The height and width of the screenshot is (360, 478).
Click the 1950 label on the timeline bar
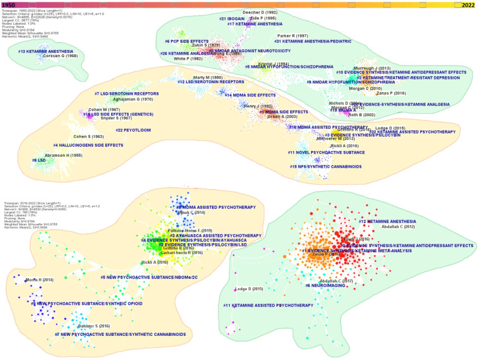[x=9, y=4]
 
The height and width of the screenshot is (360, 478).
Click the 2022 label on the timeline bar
[x=468, y=4]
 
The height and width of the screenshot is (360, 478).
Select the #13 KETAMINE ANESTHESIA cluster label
[x=46, y=51]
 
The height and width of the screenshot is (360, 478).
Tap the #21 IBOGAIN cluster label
[x=232, y=18]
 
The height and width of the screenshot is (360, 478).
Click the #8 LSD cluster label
[x=39, y=160]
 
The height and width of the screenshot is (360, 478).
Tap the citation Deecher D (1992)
[x=261, y=12]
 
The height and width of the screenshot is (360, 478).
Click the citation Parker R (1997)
[x=293, y=36]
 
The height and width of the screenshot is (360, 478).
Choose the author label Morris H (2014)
[x=40, y=279]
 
